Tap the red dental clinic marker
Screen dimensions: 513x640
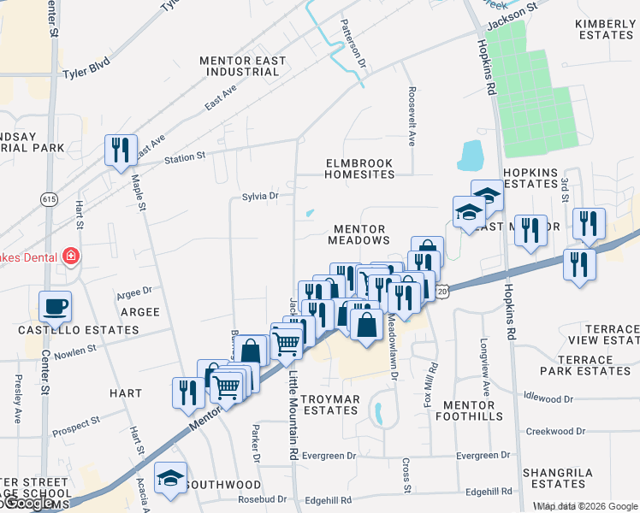point(70,256)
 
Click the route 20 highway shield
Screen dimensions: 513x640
point(441,292)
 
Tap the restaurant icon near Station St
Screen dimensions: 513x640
point(119,150)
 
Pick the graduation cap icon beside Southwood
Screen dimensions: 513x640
point(170,479)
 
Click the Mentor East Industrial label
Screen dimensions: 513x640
point(240,66)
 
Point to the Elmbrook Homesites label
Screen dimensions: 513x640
point(359,168)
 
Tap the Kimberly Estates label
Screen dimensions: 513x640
point(605,29)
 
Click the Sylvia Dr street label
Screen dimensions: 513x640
point(261,196)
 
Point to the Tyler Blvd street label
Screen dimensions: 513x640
point(88,74)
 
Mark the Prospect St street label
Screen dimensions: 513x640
point(75,425)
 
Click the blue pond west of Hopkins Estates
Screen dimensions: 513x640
point(471,156)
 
